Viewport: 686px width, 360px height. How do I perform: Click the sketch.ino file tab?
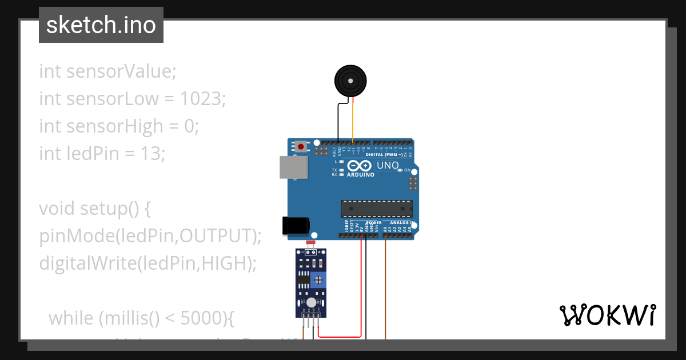click(101, 25)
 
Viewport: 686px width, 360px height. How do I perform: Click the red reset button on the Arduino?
click(301, 146)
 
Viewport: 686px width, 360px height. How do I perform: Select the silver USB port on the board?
click(293, 167)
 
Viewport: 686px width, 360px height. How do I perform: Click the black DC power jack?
click(296, 226)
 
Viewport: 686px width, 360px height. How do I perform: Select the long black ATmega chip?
click(376, 209)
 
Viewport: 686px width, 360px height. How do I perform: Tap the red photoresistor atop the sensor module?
click(311, 243)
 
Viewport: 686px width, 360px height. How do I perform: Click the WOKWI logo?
click(607, 315)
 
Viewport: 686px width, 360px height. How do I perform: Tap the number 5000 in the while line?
click(200, 318)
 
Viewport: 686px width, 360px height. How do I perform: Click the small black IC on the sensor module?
click(304, 281)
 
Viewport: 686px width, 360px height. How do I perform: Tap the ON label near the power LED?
click(408, 170)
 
